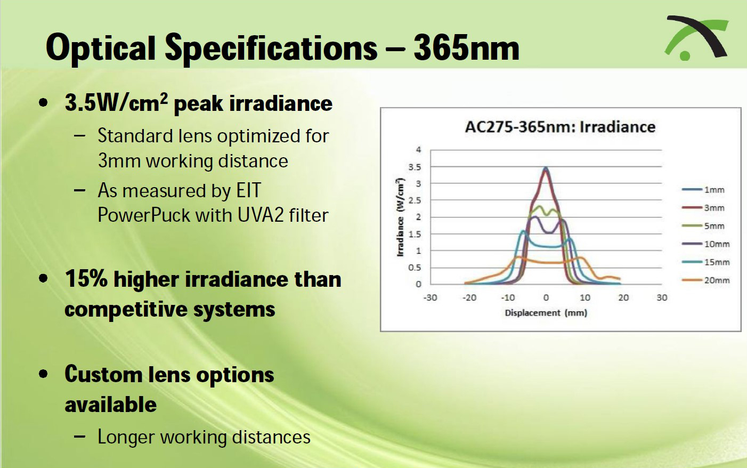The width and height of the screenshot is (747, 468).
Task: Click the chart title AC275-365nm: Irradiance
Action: point(561,127)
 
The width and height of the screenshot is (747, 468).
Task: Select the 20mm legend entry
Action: point(705,280)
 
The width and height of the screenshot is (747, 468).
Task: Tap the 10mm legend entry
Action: point(705,244)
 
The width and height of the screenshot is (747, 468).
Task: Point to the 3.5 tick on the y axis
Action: point(415,167)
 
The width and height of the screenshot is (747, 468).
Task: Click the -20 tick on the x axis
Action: point(469,297)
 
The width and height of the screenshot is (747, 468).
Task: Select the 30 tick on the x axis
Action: point(662,297)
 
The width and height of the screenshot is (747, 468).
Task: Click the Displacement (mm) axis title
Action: point(546,313)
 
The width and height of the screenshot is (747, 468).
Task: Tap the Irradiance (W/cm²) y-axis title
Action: point(401,217)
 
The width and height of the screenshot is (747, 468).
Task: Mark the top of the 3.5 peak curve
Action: point(546,167)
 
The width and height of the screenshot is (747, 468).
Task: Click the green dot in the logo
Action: point(685,56)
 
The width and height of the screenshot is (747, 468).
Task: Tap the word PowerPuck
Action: point(144,215)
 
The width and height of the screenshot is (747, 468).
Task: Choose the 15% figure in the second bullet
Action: point(86,278)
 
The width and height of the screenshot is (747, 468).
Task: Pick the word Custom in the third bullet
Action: point(103,374)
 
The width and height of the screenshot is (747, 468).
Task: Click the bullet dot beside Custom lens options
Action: point(43,374)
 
